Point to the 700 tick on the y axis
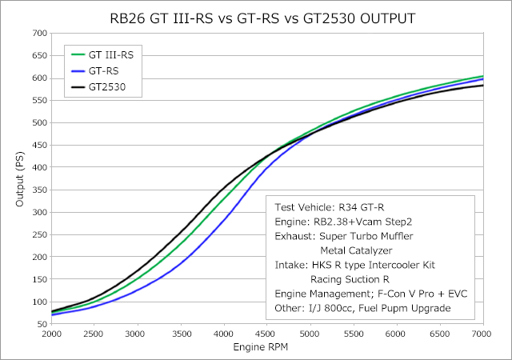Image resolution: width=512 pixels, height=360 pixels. pyautogui.click(x=38, y=33)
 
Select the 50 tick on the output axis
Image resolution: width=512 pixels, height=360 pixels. pyautogui.click(x=41, y=324)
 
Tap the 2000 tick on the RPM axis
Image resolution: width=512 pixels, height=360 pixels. pyautogui.click(x=52, y=334)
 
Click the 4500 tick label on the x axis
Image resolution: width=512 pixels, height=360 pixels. pyautogui.click(x=267, y=334)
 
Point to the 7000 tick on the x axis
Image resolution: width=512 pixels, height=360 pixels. pyautogui.click(x=482, y=334)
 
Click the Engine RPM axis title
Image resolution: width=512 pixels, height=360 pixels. pyautogui.click(x=267, y=349)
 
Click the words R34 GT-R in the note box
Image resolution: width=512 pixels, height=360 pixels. pyautogui.click(x=360, y=207)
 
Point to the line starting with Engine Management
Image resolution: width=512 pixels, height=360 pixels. pyautogui.click(x=370, y=294)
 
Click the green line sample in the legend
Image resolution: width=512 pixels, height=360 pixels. pyautogui.click(x=80, y=55)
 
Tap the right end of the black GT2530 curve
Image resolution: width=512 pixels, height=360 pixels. pyautogui.click(x=482, y=85)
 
